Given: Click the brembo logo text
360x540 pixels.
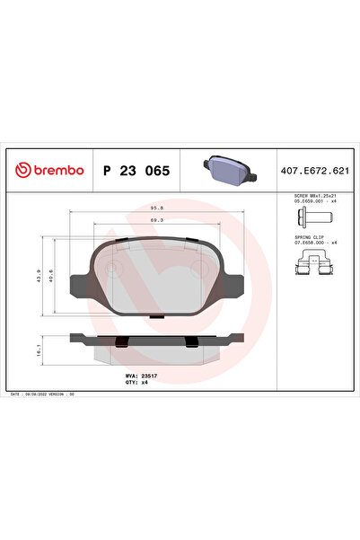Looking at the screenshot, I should click(x=50, y=170).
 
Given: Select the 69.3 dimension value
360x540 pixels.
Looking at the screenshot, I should click(x=155, y=221).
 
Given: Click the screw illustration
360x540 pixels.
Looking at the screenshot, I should click(x=311, y=222).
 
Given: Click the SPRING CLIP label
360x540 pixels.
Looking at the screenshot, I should click(x=307, y=238).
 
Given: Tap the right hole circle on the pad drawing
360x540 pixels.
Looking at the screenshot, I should click(x=202, y=268).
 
